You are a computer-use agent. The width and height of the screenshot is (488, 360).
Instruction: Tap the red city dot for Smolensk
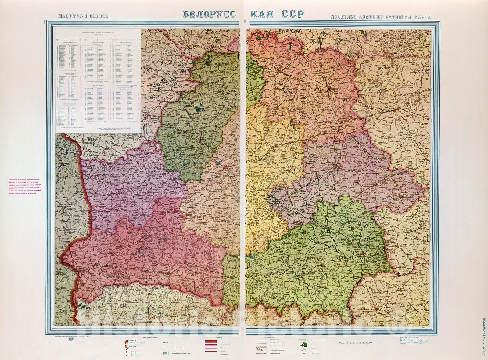click(x=396, y=111)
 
